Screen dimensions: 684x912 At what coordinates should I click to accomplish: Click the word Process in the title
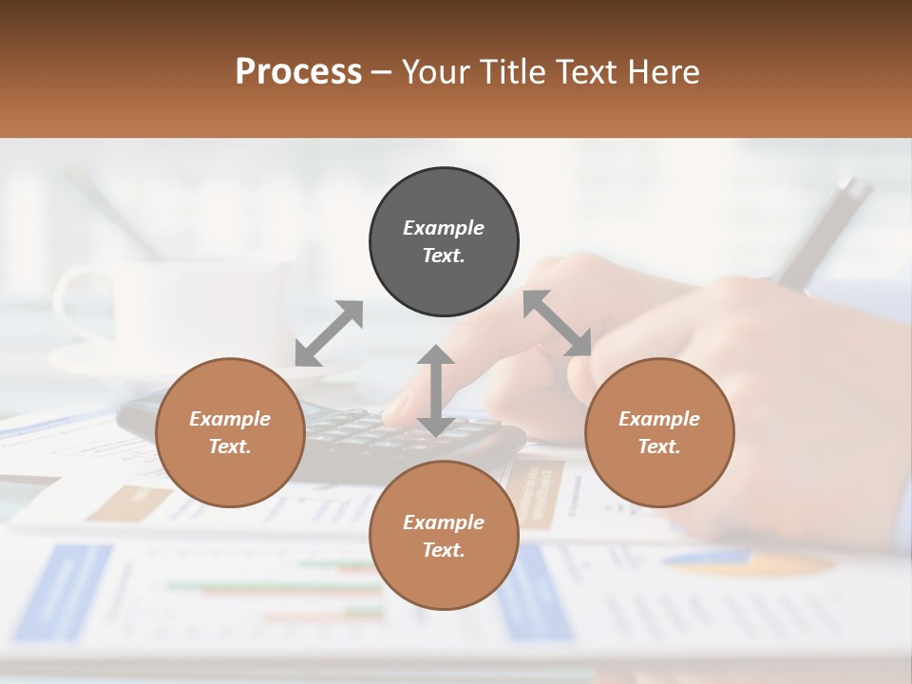[298, 72]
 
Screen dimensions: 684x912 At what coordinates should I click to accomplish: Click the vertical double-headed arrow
[436, 390]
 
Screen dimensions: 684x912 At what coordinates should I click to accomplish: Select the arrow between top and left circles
[329, 333]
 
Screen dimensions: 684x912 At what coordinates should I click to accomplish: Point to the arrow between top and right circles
[558, 323]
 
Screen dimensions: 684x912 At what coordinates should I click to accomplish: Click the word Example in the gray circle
[444, 228]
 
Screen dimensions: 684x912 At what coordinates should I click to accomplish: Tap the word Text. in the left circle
[230, 446]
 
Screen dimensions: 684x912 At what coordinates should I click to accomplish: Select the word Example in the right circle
[659, 419]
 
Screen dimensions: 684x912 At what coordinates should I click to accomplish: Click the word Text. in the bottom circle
[444, 550]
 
